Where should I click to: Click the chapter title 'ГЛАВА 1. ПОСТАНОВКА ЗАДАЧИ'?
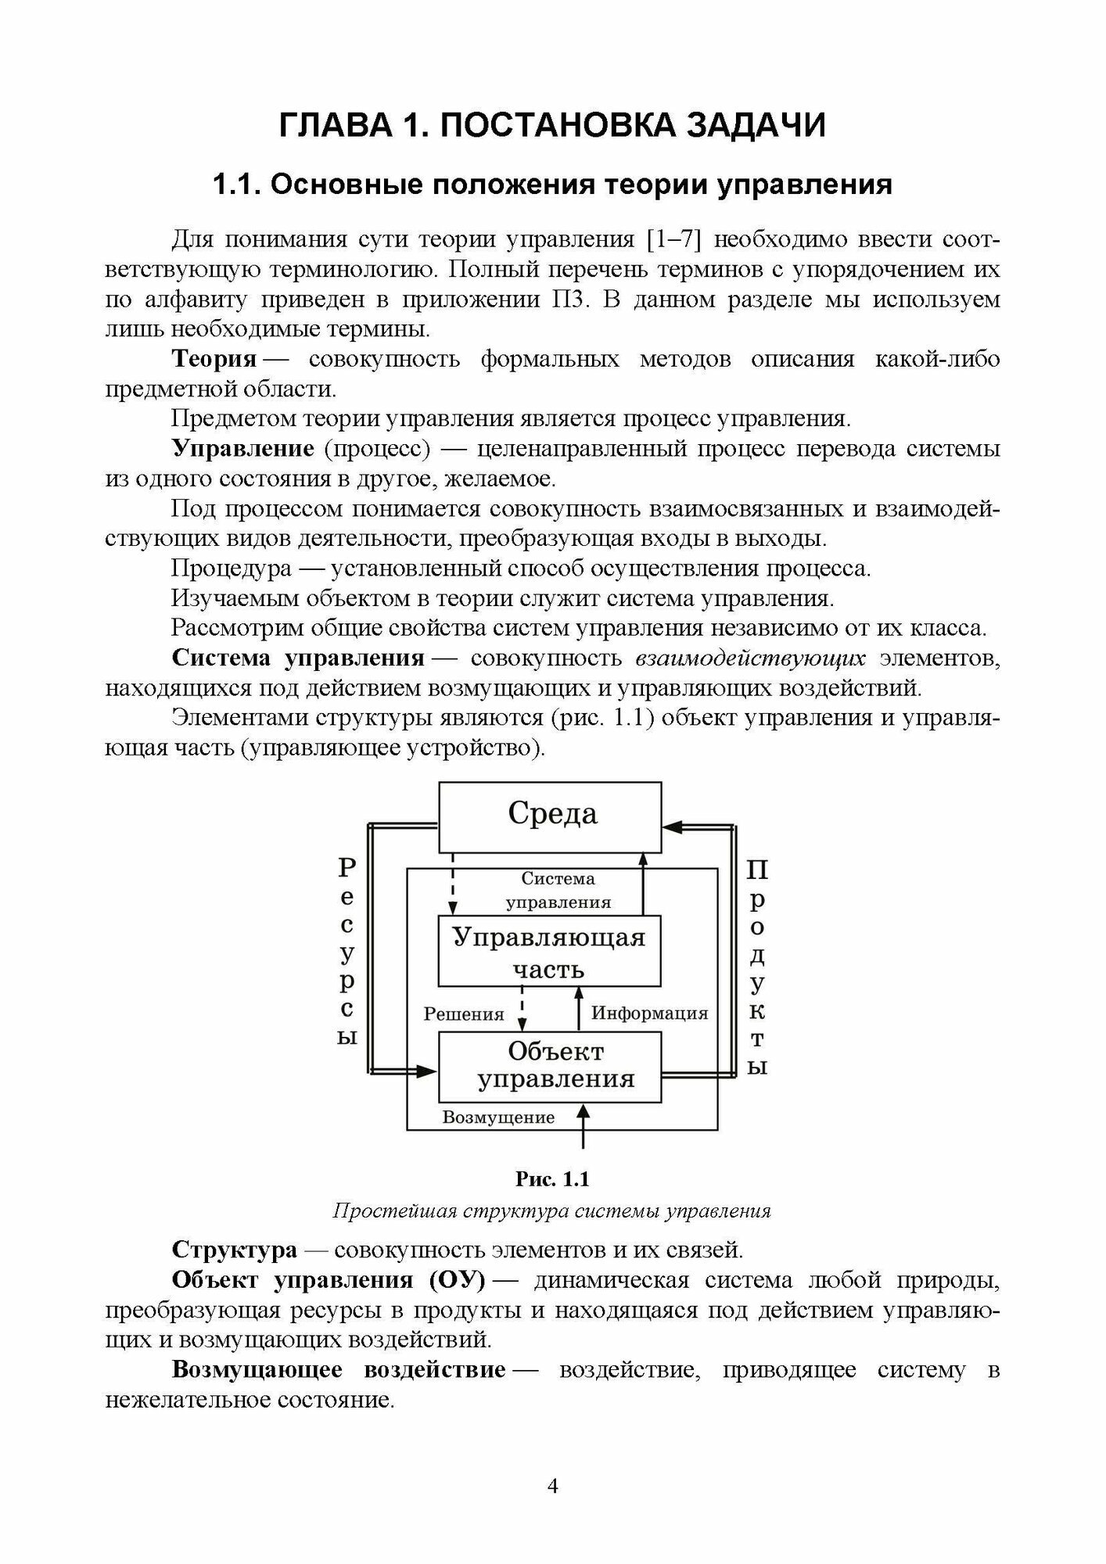pos(552,125)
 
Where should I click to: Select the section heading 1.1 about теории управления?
pos(552,185)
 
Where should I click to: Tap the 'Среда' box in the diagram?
pos(552,814)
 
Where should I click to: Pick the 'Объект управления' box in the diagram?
pos(549,1065)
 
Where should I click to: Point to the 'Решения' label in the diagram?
pos(463,1014)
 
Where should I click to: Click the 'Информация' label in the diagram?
pos(649,1013)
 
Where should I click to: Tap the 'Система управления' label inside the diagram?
pos(558,891)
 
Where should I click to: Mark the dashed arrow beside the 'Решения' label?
pos(522,1009)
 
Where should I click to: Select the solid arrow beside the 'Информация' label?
pos(579,1009)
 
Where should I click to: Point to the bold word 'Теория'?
pos(214,359)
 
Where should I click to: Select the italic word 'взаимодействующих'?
pos(750,658)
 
